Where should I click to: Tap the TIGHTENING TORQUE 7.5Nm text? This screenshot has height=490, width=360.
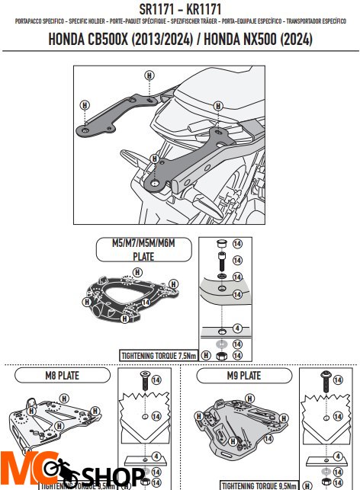coord(157,355)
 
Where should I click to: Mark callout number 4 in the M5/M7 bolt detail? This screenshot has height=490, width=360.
coord(236,328)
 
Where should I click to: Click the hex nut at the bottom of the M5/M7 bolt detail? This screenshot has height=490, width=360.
coord(219,355)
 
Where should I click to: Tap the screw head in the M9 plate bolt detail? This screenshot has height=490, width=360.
coord(324,376)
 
